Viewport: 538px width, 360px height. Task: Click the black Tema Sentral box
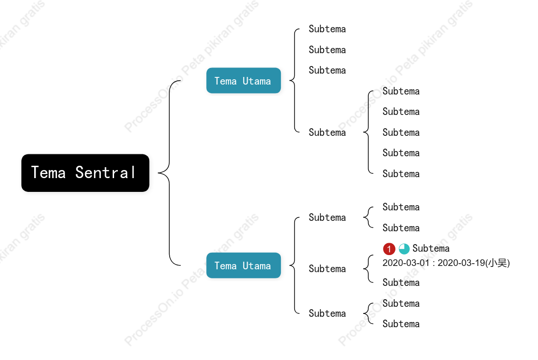85,173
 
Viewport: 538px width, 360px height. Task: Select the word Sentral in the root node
106,172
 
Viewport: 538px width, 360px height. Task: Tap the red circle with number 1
389,248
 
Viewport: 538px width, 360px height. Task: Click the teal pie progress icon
404,248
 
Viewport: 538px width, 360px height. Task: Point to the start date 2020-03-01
406,263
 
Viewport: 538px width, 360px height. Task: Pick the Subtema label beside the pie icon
431,248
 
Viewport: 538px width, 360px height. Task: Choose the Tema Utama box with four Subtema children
244,81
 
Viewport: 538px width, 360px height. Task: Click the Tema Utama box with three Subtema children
244,265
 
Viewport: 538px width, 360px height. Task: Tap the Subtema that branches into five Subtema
327,133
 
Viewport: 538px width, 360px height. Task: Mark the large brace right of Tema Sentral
169,173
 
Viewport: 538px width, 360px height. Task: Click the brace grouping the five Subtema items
368,133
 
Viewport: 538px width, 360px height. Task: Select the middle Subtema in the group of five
401,133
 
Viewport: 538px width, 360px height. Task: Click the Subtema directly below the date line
401,283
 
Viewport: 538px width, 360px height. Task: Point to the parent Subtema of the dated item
327,268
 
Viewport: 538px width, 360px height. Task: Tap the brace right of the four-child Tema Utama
294,81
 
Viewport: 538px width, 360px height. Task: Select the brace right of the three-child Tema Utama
294,265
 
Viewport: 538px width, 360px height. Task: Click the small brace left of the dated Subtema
368,268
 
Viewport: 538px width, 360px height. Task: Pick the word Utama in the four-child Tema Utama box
257,81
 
